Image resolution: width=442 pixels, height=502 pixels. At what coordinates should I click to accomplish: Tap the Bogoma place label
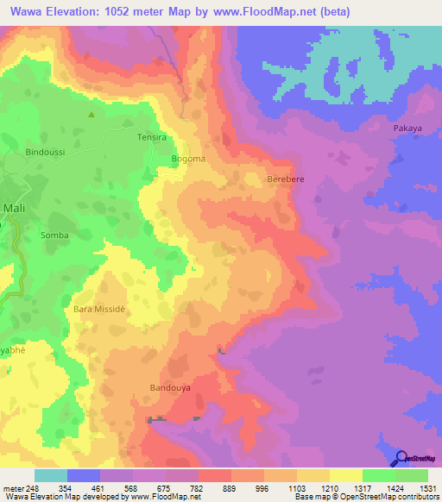click(x=188, y=159)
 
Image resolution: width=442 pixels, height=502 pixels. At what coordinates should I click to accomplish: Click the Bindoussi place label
click(x=46, y=152)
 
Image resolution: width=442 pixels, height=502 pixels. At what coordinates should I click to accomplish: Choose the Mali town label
click(x=14, y=208)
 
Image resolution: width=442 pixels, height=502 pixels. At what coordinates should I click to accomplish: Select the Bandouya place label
click(x=169, y=387)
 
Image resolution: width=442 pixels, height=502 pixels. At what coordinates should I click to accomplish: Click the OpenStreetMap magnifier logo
click(x=400, y=458)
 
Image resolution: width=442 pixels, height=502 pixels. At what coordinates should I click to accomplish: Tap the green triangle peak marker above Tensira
click(x=92, y=113)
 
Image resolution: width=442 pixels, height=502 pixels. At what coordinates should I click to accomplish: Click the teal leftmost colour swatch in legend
click(x=51, y=475)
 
